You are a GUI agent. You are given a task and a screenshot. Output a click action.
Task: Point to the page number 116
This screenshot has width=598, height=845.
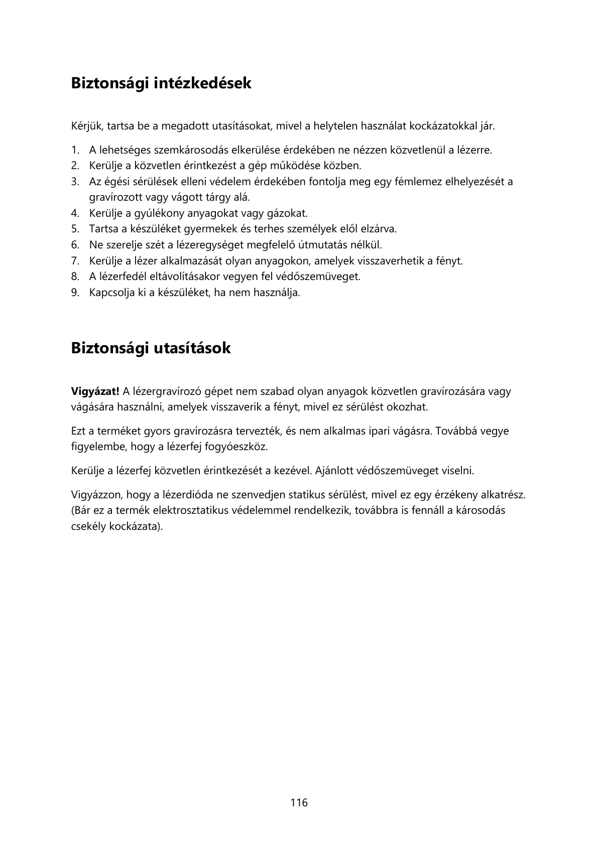click(x=299, y=803)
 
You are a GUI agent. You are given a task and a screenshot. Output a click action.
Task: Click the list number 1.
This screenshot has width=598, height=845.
click(x=75, y=150)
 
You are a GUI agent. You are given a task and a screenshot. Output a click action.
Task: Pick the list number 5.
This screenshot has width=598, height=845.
click(x=75, y=229)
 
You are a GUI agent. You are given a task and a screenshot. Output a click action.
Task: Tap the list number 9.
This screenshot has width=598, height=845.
click(x=75, y=293)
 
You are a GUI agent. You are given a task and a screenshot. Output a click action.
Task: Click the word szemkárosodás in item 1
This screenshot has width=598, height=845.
click(x=187, y=150)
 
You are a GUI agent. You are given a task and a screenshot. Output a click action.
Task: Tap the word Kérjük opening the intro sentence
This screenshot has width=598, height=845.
click(x=87, y=126)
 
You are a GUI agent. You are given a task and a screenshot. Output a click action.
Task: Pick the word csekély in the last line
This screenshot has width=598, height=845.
click(x=88, y=527)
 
